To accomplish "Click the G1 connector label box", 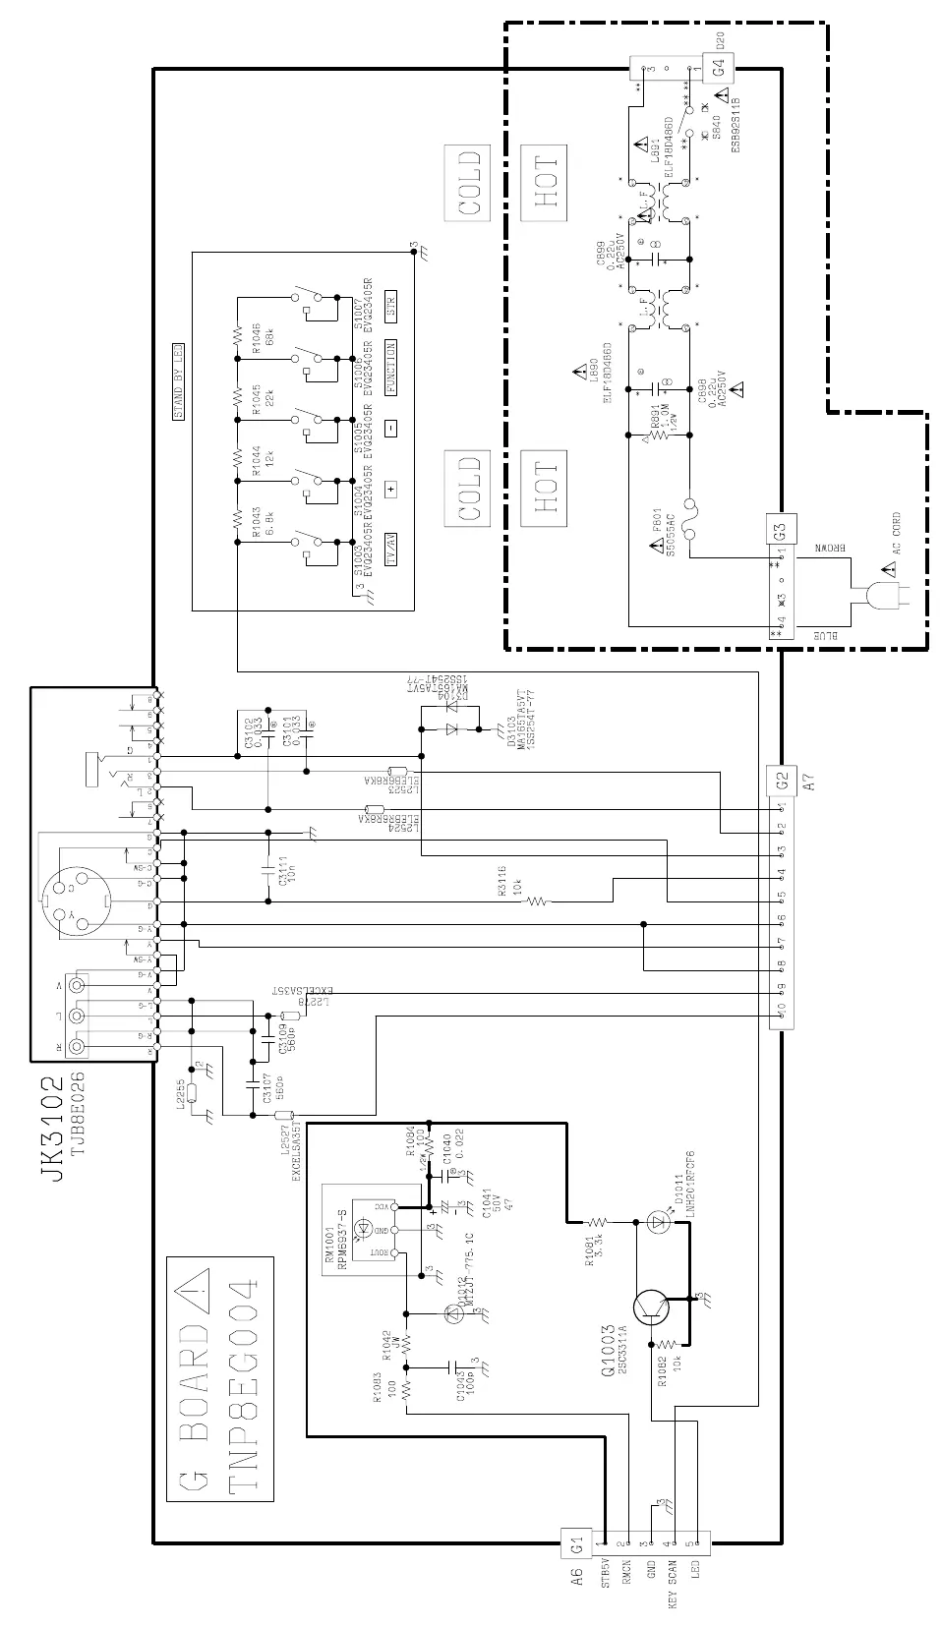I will point(578,1543).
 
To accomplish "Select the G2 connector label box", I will point(783,781).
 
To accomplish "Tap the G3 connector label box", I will point(783,531).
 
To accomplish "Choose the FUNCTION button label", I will point(390,368).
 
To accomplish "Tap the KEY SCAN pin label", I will point(673,1584).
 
